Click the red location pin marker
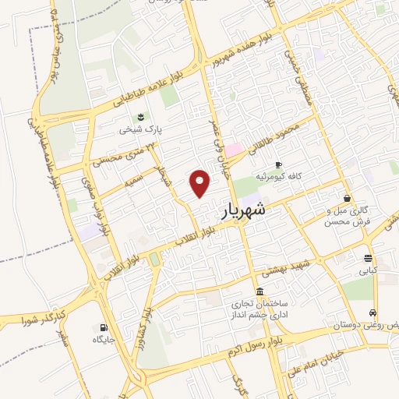click(x=200, y=183)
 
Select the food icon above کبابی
click(x=367, y=259)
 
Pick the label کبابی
click(x=367, y=271)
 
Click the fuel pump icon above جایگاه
click(x=104, y=327)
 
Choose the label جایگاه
click(x=104, y=340)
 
